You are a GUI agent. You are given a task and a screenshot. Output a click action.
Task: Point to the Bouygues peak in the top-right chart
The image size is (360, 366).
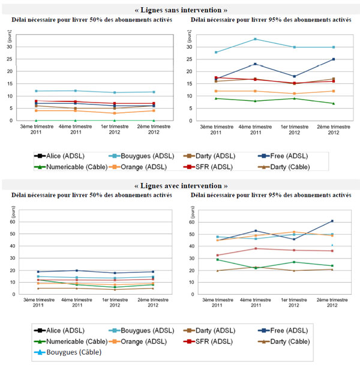(x=255, y=39)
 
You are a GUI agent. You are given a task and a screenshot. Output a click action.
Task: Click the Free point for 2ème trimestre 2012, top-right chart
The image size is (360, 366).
(x=334, y=59)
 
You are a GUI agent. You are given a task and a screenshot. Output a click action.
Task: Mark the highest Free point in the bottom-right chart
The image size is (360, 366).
(x=334, y=221)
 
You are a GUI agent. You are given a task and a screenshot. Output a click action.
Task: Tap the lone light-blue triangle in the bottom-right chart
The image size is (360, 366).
(x=334, y=245)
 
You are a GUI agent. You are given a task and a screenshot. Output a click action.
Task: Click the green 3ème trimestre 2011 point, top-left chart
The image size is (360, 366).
(x=37, y=120)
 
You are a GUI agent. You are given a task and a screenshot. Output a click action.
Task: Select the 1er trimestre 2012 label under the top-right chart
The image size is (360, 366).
(x=294, y=130)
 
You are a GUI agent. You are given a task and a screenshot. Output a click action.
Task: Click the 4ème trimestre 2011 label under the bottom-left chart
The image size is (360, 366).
(x=76, y=304)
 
